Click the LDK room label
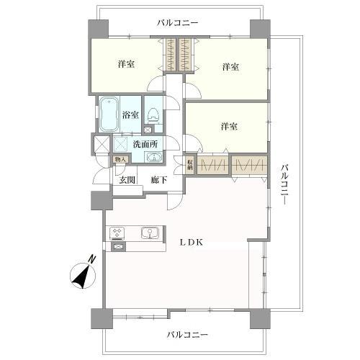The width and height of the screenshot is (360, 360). tap(191, 243)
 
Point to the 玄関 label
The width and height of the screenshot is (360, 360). tap(127, 180)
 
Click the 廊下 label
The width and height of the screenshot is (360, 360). tap(159, 180)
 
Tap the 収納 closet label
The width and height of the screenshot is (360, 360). tap(189, 164)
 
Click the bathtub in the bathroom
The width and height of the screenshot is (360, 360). tap(109, 114)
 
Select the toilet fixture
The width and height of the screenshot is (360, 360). tap(154, 113)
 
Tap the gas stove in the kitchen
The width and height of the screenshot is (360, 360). tap(117, 233)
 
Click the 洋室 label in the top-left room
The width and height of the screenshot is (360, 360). tap(127, 65)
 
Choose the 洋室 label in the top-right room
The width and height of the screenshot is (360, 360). tap(230, 67)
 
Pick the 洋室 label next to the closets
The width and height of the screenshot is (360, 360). tap(229, 127)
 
